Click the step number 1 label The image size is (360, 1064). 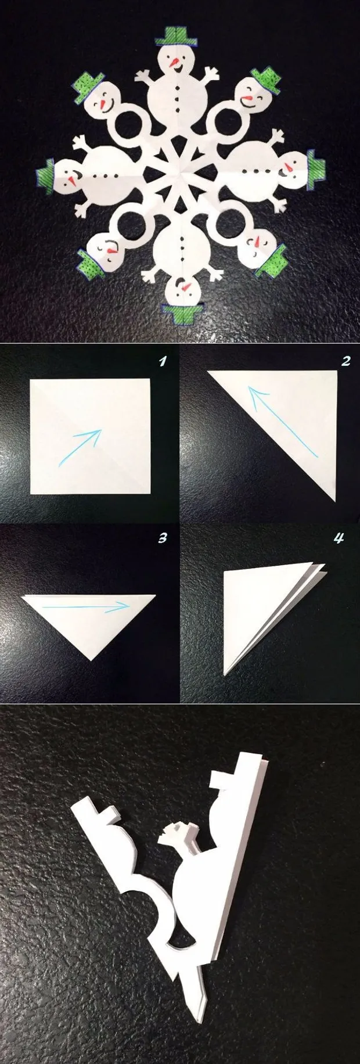click(163, 362)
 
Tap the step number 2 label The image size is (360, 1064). click(346, 361)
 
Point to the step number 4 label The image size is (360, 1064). click(339, 538)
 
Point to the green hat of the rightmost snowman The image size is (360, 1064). click(315, 170)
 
